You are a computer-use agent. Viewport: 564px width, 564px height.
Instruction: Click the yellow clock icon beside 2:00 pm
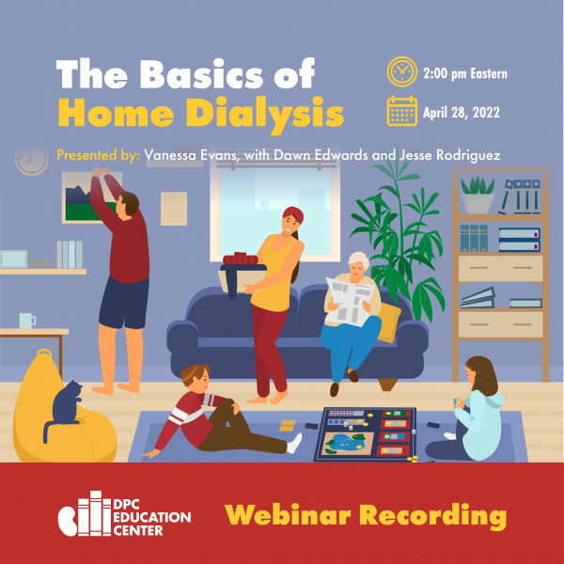point(401,71)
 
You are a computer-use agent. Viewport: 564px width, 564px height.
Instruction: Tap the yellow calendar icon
point(401,111)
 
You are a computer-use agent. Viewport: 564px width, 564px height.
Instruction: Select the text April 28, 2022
point(462,113)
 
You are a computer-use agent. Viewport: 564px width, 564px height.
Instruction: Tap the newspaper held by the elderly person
point(350,302)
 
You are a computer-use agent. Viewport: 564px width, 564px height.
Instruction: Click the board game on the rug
point(366,434)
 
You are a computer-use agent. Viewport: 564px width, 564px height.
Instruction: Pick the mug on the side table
point(27,321)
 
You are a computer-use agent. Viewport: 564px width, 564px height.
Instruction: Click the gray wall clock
point(32,160)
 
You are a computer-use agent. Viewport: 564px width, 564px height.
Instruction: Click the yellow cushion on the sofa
point(389,321)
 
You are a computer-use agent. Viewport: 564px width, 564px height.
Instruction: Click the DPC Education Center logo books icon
point(85,513)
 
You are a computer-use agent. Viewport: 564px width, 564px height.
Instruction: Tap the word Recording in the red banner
point(433,516)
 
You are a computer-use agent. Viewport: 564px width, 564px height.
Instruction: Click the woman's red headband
point(293,214)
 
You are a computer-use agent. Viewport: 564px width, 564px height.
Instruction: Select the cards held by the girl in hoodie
point(457,400)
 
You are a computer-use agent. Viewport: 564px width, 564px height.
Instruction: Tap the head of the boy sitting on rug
point(196,380)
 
